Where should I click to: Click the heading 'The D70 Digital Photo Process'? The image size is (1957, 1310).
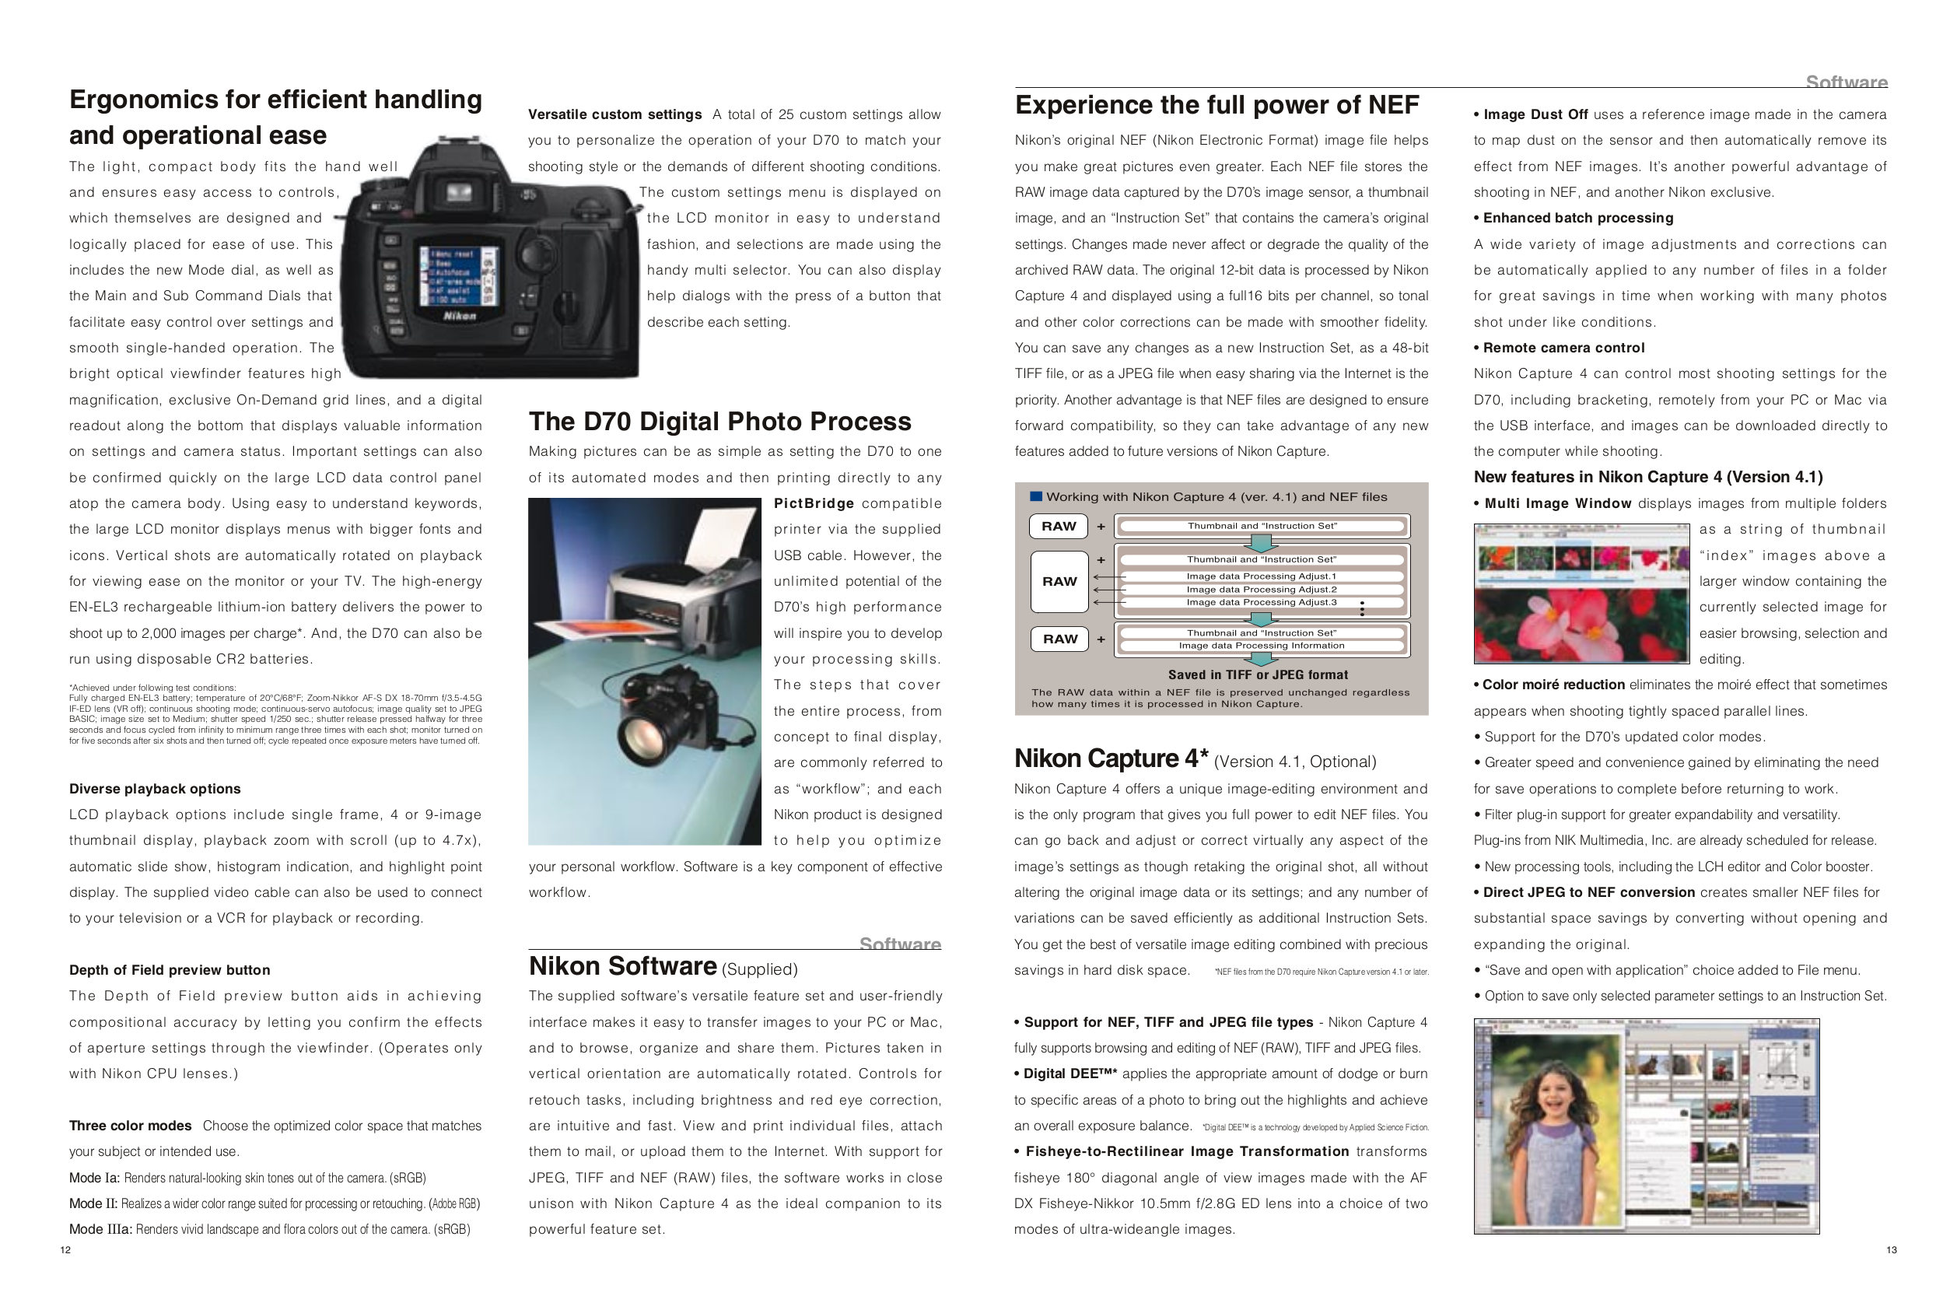[x=719, y=421]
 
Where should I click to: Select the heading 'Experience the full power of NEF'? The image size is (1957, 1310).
[x=1217, y=105]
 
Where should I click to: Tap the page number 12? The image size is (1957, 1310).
[x=65, y=1250]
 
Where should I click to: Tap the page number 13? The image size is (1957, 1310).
[x=1891, y=1250]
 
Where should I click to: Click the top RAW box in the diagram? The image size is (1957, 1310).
[x=1059, y=527]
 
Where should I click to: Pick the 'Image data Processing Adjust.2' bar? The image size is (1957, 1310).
[x=1261, y=589]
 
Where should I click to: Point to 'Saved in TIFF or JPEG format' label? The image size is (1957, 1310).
[x=1257, y=674]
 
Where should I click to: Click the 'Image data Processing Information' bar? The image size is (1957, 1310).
[x=1261, y=645]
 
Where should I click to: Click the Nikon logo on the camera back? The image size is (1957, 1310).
[x=459, y=316]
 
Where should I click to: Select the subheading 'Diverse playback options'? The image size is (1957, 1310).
[x=155, y=789]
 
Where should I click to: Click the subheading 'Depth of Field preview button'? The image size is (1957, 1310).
[x=170, y=970]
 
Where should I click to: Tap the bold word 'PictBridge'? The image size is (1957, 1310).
[x=814, y=503]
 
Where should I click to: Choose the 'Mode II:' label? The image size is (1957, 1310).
[x=93, y=1204]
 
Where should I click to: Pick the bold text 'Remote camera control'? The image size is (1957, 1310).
[x=1563, y=348]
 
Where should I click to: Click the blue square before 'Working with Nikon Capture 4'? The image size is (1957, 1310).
[x=1036, y=496]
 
